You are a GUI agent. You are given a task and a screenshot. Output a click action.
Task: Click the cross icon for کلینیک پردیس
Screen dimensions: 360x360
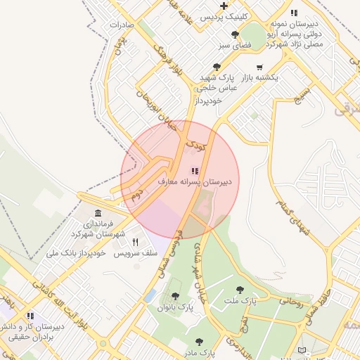(x=224, y=6)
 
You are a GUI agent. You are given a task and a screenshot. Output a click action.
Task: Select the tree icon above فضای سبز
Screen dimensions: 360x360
(x=235, y=34)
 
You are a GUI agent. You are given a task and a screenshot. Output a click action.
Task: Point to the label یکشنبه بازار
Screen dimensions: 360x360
(x=260, y=77)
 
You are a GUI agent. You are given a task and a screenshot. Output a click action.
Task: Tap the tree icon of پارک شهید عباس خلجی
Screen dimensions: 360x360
(x=216, y=67)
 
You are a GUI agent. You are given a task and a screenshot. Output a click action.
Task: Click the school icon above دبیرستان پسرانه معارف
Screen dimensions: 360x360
(x=195, y=170)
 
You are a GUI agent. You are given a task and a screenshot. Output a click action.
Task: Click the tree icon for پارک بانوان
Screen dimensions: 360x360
(x=175, y=296)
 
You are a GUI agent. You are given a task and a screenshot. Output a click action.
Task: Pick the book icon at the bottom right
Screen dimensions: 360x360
(x=302, y=349)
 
